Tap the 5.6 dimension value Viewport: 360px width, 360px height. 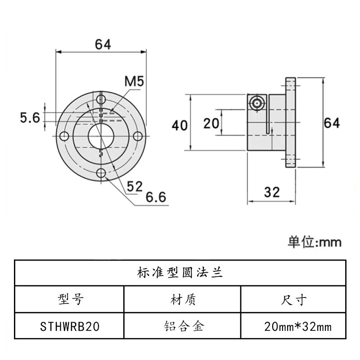pos(31,117)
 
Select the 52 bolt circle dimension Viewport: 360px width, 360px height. pos(134,186)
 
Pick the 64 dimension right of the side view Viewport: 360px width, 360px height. pos(332,122)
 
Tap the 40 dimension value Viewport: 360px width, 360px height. pos(180,125)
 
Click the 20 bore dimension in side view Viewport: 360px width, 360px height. pos(211,122)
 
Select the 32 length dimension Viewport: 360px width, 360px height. pos(272,192)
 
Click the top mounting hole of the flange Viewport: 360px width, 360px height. pos(101,99)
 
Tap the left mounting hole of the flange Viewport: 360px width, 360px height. pos(64,135)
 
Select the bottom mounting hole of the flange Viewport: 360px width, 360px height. pos(101,172)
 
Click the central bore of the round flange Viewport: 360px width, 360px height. pos(101,135)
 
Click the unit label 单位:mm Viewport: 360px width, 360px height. pos(315,242)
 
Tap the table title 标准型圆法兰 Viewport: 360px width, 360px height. pos(180,273)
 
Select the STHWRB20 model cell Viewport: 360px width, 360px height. pos(69,326)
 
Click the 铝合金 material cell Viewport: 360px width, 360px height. pos(182,326)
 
